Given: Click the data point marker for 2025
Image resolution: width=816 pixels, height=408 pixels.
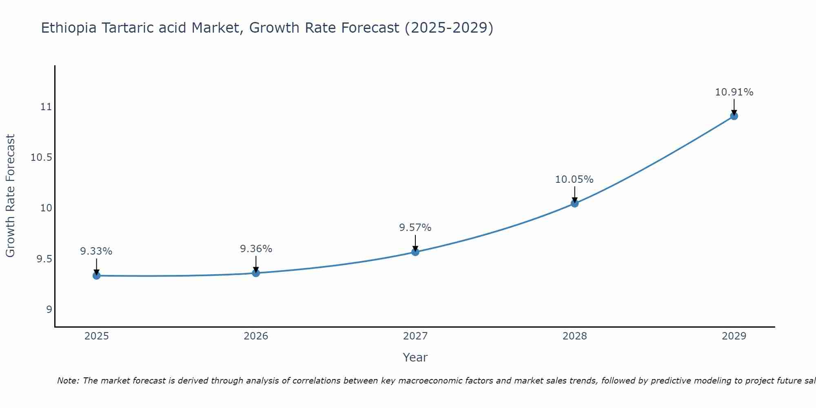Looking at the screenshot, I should coord(96,276).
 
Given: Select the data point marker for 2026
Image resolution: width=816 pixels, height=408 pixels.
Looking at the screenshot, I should coord(256,273).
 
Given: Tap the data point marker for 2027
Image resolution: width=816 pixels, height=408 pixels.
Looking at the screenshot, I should coord(415,252).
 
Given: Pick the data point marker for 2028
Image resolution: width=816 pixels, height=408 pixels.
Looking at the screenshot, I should coord(574,203).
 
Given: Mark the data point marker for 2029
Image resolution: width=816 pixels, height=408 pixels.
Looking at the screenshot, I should coord(734,116).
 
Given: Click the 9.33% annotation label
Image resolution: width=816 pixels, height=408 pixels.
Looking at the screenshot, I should coord(96,251).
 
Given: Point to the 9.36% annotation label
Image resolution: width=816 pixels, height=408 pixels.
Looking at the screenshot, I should coord(256,249).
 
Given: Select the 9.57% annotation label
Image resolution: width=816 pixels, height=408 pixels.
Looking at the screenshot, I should coord(415,228).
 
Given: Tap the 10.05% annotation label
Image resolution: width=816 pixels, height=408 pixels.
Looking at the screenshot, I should coord(574,180).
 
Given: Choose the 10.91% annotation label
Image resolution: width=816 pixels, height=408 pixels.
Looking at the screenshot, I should coord(734,92).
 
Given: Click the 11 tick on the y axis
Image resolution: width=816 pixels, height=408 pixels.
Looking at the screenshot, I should coord(46,107).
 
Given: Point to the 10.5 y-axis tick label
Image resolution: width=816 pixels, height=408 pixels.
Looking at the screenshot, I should coord(41,158).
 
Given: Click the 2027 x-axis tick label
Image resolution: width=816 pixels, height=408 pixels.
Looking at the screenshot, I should coord(415,336).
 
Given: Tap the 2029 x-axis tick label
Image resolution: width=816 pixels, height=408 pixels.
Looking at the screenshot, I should coord(734,336).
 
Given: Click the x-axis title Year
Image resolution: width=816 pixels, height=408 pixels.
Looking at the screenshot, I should coord(415,357).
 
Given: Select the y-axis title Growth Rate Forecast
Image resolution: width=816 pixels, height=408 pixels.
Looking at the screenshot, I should coord(10,196).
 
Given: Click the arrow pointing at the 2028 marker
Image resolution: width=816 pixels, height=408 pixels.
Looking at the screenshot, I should coord(574,194).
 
